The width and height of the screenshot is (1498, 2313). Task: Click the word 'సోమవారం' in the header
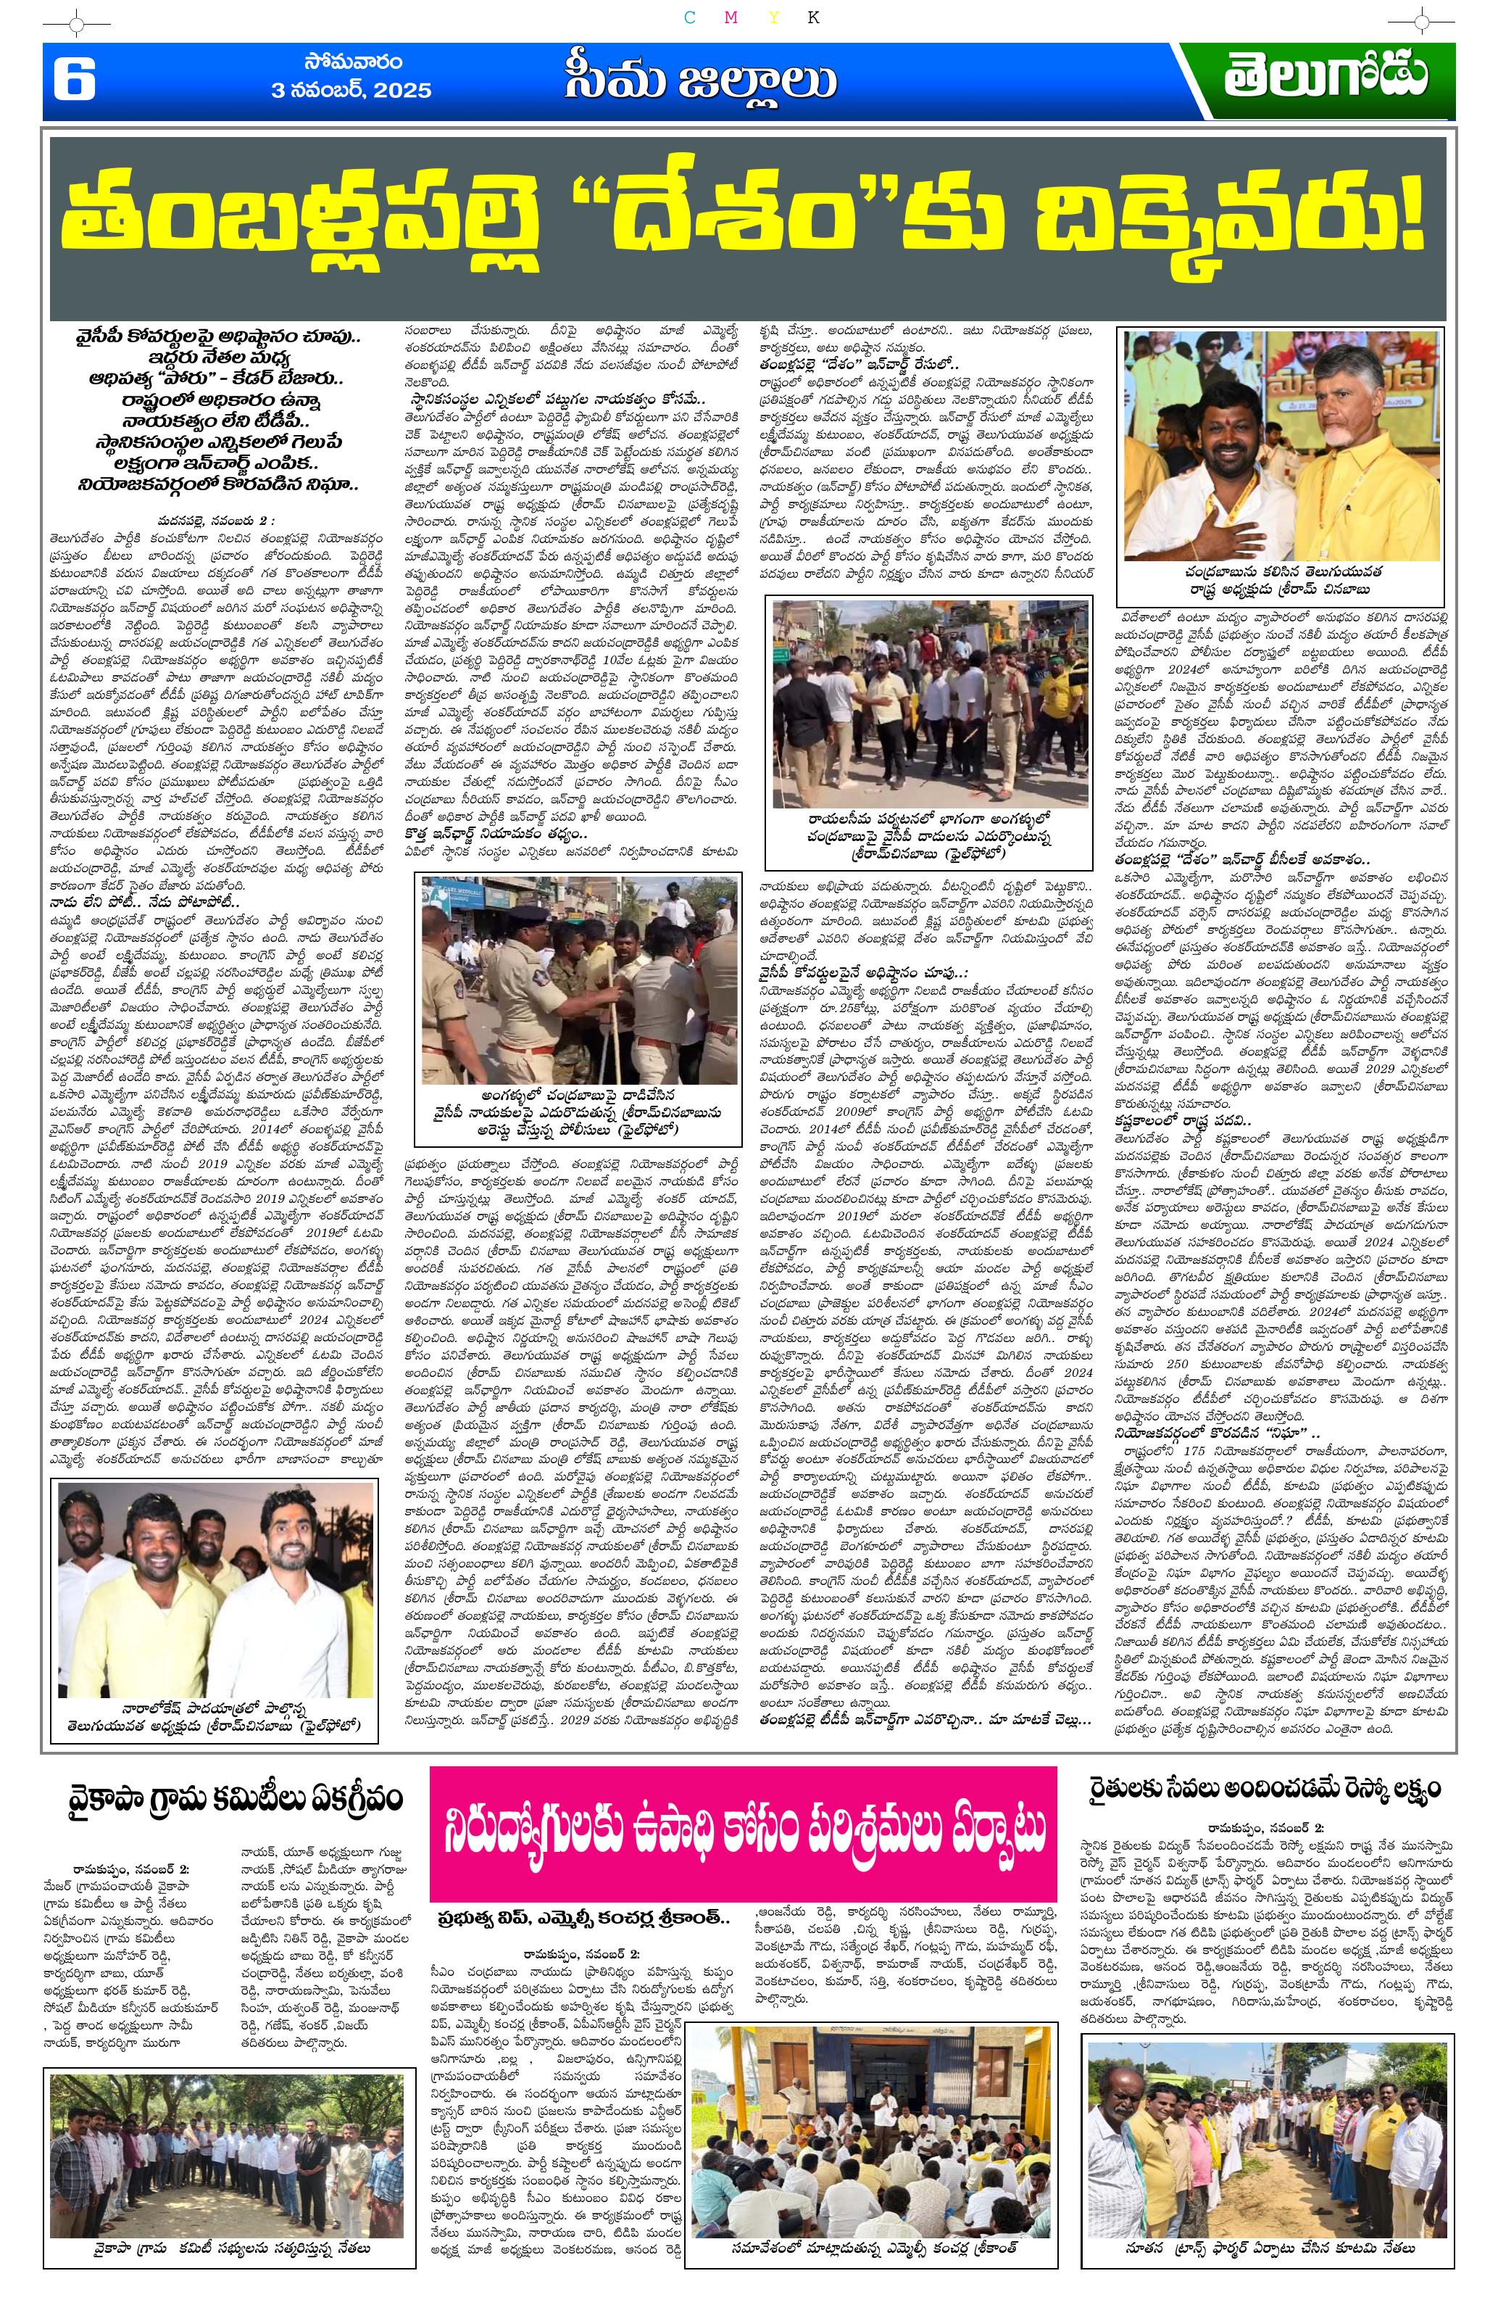353,63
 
